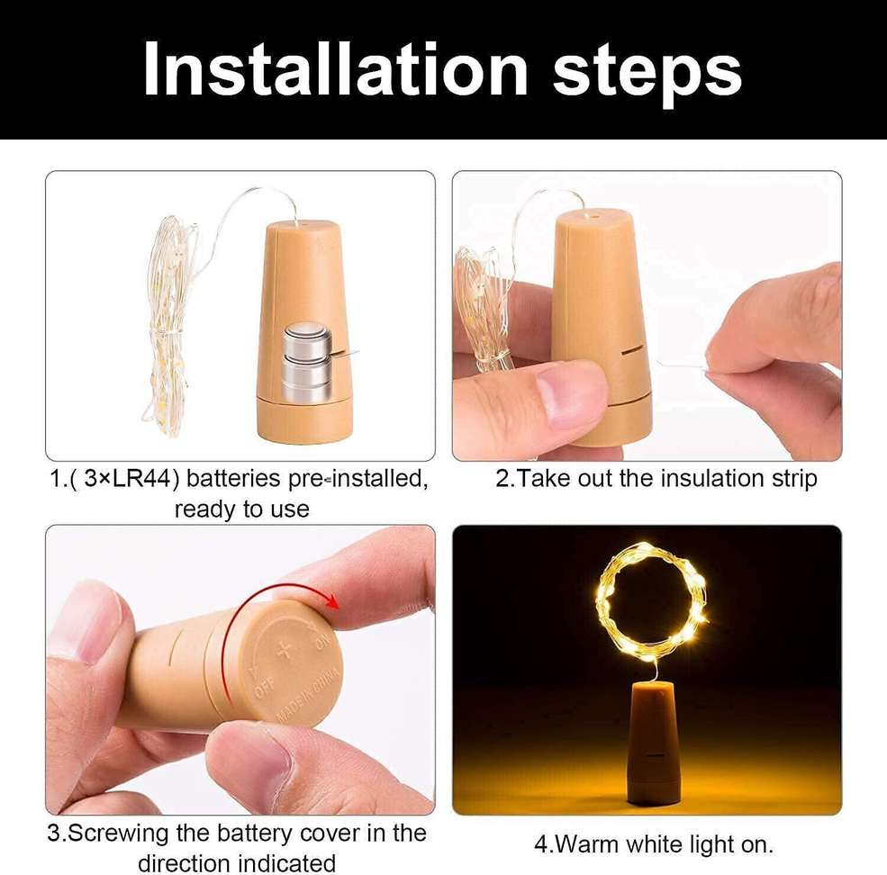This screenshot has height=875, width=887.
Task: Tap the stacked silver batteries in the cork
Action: coord(306,362)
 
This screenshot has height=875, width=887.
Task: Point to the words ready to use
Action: coord(241,510)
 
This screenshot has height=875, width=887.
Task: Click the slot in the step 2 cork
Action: coord(629,351)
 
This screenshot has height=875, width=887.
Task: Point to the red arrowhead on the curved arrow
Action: coord(333,601)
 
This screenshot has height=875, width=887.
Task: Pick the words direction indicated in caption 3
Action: coord(236,862)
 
